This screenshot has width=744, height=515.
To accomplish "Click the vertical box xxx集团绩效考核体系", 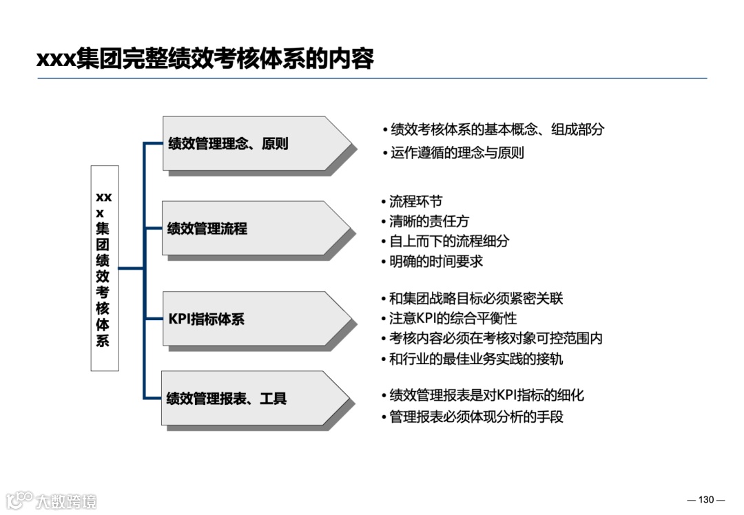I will coord(104,269).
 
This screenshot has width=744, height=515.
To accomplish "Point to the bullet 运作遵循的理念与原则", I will coord(457,152).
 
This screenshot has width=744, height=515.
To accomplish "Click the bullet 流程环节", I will coord(415,202).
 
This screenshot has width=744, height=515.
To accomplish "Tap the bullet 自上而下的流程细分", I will coord(449,242).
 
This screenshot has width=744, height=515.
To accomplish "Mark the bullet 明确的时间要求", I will coord(435,262).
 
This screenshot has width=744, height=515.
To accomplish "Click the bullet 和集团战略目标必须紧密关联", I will coord(475,299).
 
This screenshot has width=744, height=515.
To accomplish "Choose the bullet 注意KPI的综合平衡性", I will coord(453,319).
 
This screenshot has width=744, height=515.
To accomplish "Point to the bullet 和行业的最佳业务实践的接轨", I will coord(475,359).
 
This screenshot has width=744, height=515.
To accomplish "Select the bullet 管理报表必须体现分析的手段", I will coord(475,417).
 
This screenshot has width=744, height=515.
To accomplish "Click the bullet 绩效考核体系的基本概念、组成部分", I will coord(497,129).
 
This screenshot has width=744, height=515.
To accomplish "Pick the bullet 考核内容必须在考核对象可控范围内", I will coord(495,339).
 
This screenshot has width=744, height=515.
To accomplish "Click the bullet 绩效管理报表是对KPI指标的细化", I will coord(486,395).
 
